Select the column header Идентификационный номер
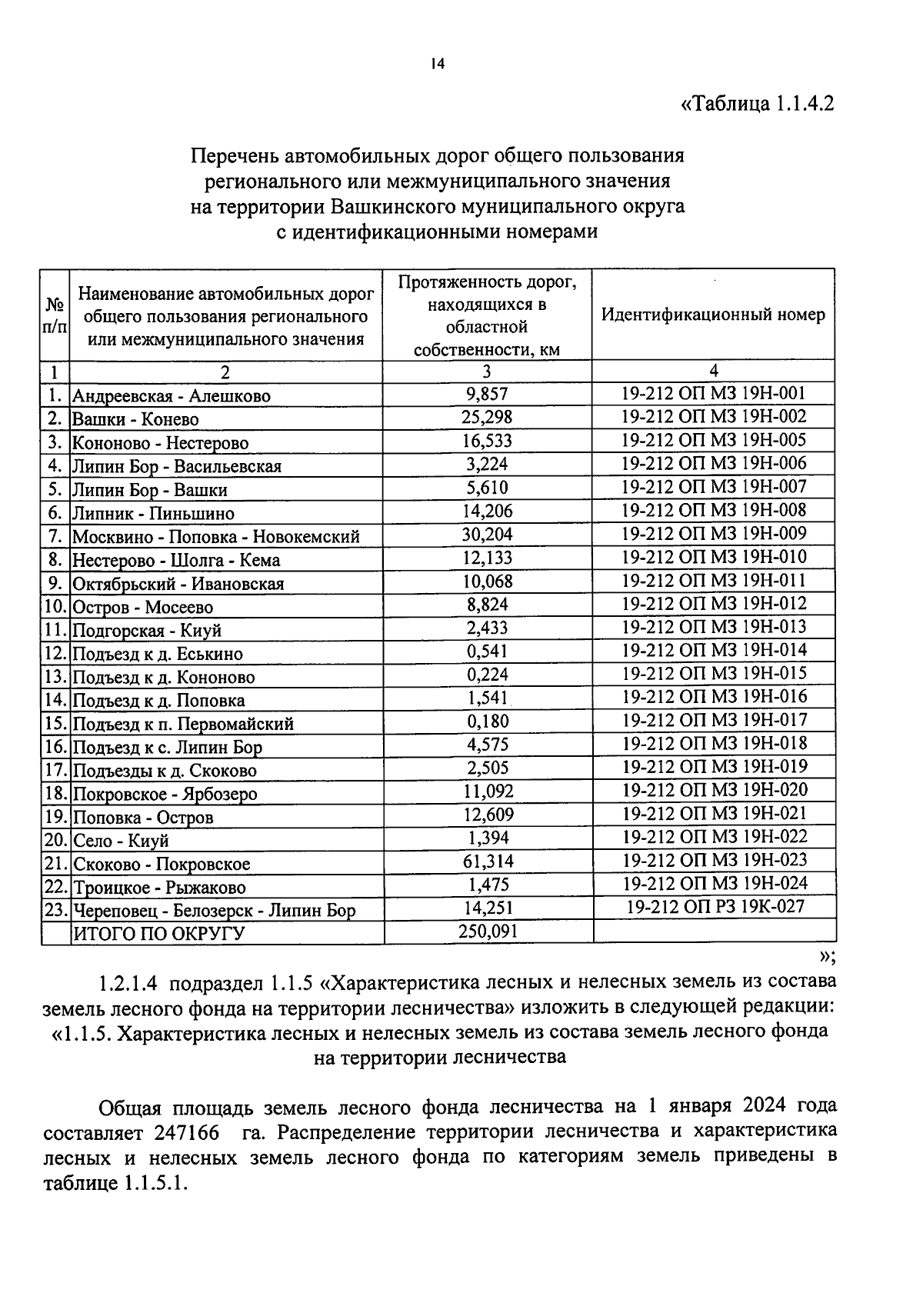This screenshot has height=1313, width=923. pyautogui.click(x=713, y=315)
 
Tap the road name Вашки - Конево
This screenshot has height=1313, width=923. pyautogui.click(x=135, y=420)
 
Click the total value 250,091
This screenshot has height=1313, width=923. pyautogui.click(x=488, y=931)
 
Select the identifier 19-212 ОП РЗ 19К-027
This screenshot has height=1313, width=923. pyautogui.click(x=715, y=907)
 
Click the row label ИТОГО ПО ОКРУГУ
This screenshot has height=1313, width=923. pyautogui.click(x=158, y=935)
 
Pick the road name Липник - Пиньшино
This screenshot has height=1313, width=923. pyautogui.click(x=153, y=514)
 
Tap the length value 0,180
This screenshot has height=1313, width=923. pyautogui.click(x=488, y=721)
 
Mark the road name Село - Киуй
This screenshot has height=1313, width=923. pyautogui.click(x=120, y=841)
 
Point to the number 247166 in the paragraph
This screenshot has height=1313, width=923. pyautogui.click(x=185, y=1134)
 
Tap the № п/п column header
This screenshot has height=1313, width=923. pyautogui.click(x=55, y=315)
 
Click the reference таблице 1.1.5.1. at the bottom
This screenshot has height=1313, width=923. pyautogui.click(x=116, y=1185)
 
